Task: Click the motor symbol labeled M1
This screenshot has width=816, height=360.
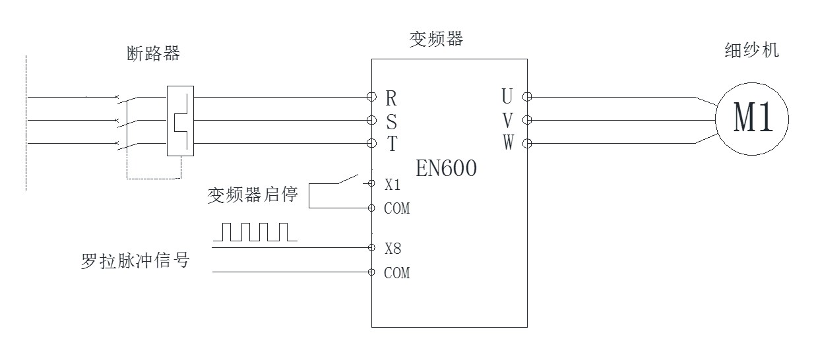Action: (753, 120)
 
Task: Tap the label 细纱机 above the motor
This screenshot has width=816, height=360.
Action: (752, 50)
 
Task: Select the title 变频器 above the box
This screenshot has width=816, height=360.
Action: (436, 39)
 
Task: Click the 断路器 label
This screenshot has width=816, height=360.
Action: (153, 54)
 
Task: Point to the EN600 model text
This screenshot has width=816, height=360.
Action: (446, 169)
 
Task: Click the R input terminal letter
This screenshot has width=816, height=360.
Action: (391, 98)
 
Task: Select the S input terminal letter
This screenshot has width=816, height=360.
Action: (391, 121)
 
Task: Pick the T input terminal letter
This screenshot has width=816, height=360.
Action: (391, 144)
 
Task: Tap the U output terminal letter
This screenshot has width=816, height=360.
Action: (507, 97)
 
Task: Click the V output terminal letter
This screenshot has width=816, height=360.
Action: (507, 120)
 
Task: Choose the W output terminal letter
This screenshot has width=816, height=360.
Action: (507, 143)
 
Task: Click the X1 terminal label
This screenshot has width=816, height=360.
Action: (392, 185)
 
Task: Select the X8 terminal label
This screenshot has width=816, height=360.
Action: (393, 249)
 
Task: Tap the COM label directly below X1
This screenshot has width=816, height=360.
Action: (396, 209)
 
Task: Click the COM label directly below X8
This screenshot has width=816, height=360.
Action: (396, 273)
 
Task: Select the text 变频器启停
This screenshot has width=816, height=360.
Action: (253, 196)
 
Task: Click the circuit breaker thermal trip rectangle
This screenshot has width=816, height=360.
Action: (180, 121)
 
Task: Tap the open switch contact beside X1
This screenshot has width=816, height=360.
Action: (346, 179)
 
